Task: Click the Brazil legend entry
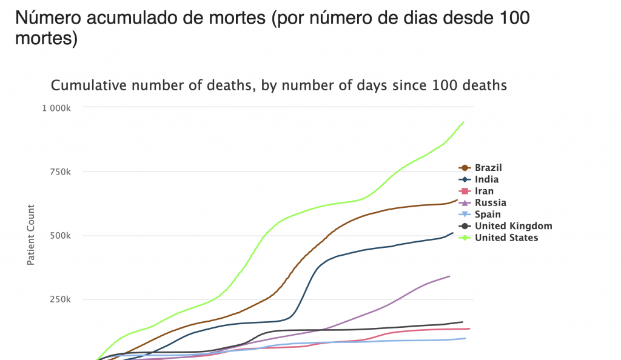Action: (488, 168)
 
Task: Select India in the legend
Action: (486, 179)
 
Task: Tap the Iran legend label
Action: (484, 191)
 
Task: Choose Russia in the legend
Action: (490, 202)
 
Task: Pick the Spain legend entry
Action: (488, 214)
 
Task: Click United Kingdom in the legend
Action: (513, 226)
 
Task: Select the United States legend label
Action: (506, 238)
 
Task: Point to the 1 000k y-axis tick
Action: (58, 108)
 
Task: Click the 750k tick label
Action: (61, 172)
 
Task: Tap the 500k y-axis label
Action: (61, 236)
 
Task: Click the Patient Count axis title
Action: (30, 235)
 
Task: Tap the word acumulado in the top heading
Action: (135, 18)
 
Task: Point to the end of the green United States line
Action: (464, 122)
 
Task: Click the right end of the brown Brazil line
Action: (457, 199)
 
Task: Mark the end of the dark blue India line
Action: (453, 233)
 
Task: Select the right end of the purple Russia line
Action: (449, 276)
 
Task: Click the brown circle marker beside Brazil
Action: (465, 168)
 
